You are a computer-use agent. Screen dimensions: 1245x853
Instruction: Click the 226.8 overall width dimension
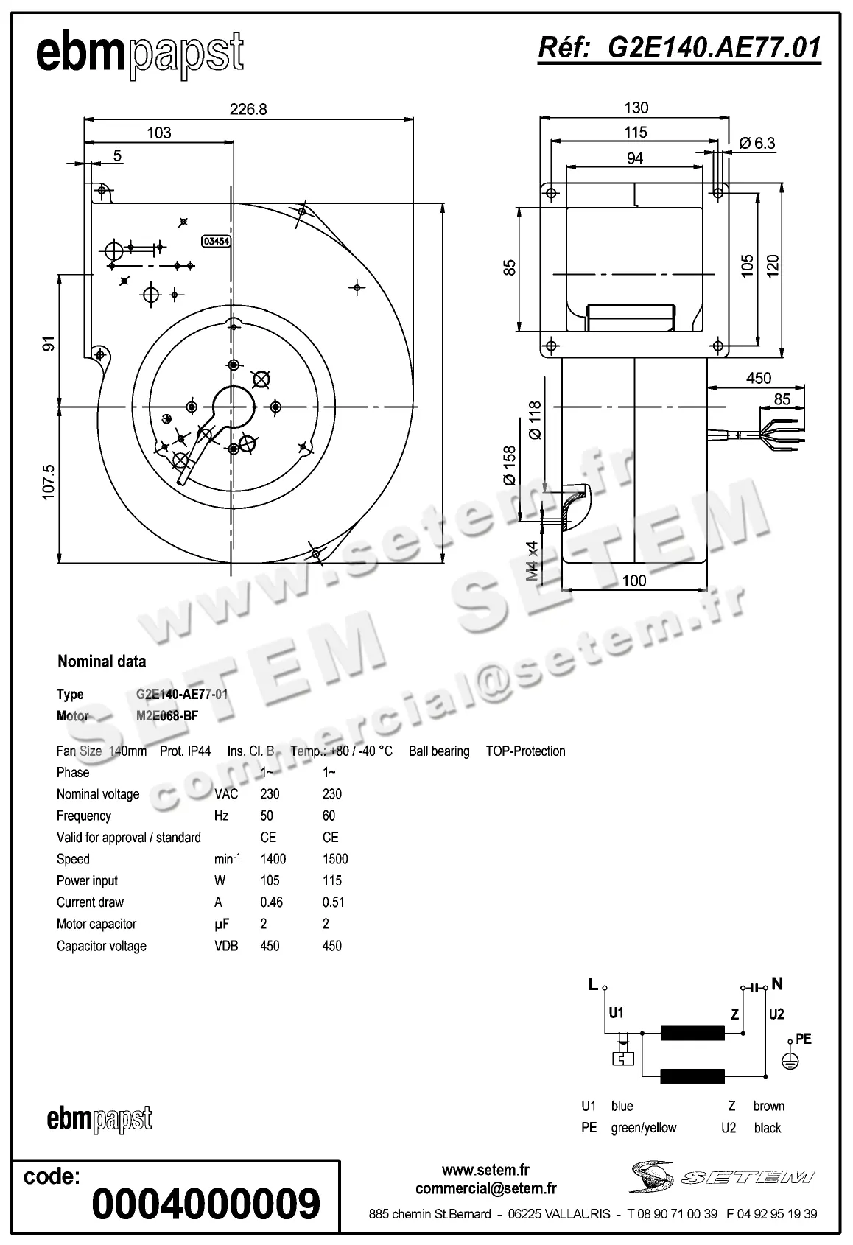point(248,109)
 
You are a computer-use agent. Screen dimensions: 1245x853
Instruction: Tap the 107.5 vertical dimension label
point(49,483)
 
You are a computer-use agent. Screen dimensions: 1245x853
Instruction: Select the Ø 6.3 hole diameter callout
point(757,143)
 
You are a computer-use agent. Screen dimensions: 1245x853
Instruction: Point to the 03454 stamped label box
point(216,240)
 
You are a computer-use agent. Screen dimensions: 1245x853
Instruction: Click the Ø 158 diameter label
point(510,465)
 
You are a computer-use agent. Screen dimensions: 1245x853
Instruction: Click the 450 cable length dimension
point(758,378)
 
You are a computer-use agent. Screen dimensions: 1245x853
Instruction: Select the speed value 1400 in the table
point(273,859)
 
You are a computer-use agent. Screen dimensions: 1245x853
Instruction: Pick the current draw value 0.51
point(333,902)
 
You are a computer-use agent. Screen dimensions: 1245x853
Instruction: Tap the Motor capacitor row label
point(96,924)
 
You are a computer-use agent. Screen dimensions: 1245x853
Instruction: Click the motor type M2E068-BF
point(167,715)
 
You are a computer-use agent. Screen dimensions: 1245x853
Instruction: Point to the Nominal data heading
point(102,662)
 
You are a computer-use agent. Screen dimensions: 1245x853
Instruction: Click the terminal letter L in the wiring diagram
point(593,984)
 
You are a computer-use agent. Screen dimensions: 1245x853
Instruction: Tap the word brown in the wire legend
point(768,1106)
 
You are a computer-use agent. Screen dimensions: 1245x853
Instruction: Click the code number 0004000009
point(206,1204)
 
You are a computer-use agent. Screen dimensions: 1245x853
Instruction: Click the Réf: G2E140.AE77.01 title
point(679,48)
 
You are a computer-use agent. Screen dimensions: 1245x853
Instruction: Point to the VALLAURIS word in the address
point(578,1213)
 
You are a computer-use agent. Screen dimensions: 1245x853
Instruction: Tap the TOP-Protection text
point(525,751)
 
